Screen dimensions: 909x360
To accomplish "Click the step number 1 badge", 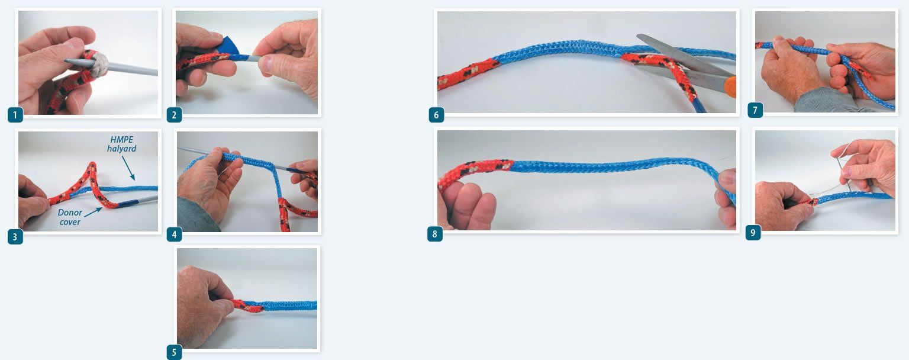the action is [x=15, y=115].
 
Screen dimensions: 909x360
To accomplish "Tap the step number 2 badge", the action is [x=174, y=115].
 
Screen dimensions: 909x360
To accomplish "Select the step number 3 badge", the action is [x=15, y=237].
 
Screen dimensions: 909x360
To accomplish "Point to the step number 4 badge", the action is [x=174, y=234].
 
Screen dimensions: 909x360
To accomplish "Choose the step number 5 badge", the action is [x=174, y=352].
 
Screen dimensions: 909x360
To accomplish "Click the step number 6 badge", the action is [x=436, y=115].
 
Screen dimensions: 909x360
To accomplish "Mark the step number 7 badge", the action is [x=755, y=110].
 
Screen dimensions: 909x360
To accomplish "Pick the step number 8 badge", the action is [x=434, y=234].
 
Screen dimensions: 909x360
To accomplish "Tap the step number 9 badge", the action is [x=753, y=233].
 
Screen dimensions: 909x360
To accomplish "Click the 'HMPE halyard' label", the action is [x=122, y=144].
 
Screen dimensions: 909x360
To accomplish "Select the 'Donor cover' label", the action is [x=70, y=217].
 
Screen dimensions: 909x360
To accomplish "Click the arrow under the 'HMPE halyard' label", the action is [x=128, y=168].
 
